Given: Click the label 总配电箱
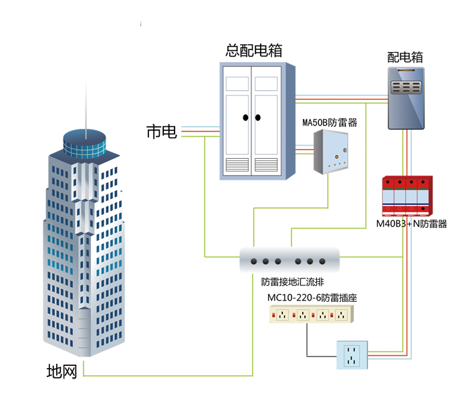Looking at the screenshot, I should click(253, 50).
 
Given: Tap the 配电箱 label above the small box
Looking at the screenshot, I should click(406, 57).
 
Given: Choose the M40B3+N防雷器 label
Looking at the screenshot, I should click(411, 224).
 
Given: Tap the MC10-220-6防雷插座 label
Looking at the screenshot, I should click(312, 298).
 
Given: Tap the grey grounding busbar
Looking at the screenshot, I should click(291, 260).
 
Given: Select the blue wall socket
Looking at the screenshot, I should click(352, 355).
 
